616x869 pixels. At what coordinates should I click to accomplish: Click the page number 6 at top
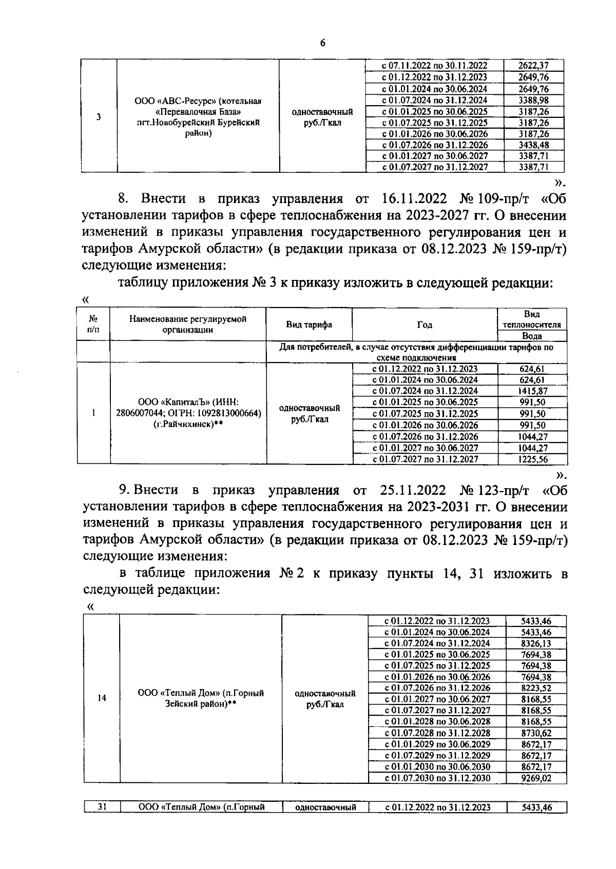point(322,43)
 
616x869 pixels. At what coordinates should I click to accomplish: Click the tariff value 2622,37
point(534,66)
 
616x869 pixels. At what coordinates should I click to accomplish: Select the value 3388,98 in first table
point(534,100)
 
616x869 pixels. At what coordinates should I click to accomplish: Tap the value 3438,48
point(534,145)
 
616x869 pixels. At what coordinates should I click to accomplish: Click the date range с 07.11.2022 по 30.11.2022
point(434,66)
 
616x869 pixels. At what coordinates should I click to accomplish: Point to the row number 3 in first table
point(98,116)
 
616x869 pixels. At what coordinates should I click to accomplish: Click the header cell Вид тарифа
point(309,325)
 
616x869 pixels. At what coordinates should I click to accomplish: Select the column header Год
point(425,325)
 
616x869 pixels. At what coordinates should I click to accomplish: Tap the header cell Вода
point(532,336)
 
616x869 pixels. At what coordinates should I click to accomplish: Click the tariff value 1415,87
point(532,391)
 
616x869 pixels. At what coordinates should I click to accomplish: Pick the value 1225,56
point(532,459)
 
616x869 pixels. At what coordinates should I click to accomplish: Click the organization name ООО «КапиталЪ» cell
point(188,414)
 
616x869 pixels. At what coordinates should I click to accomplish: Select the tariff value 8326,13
point(536,643)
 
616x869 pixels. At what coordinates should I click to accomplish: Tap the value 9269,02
point(536,778)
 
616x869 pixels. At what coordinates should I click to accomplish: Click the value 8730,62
point(536,733)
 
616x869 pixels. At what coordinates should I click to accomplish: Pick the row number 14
point(102,698)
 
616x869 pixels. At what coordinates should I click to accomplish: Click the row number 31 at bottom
point(102,807)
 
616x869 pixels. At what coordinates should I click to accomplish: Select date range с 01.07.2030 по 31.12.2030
point(437,778)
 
